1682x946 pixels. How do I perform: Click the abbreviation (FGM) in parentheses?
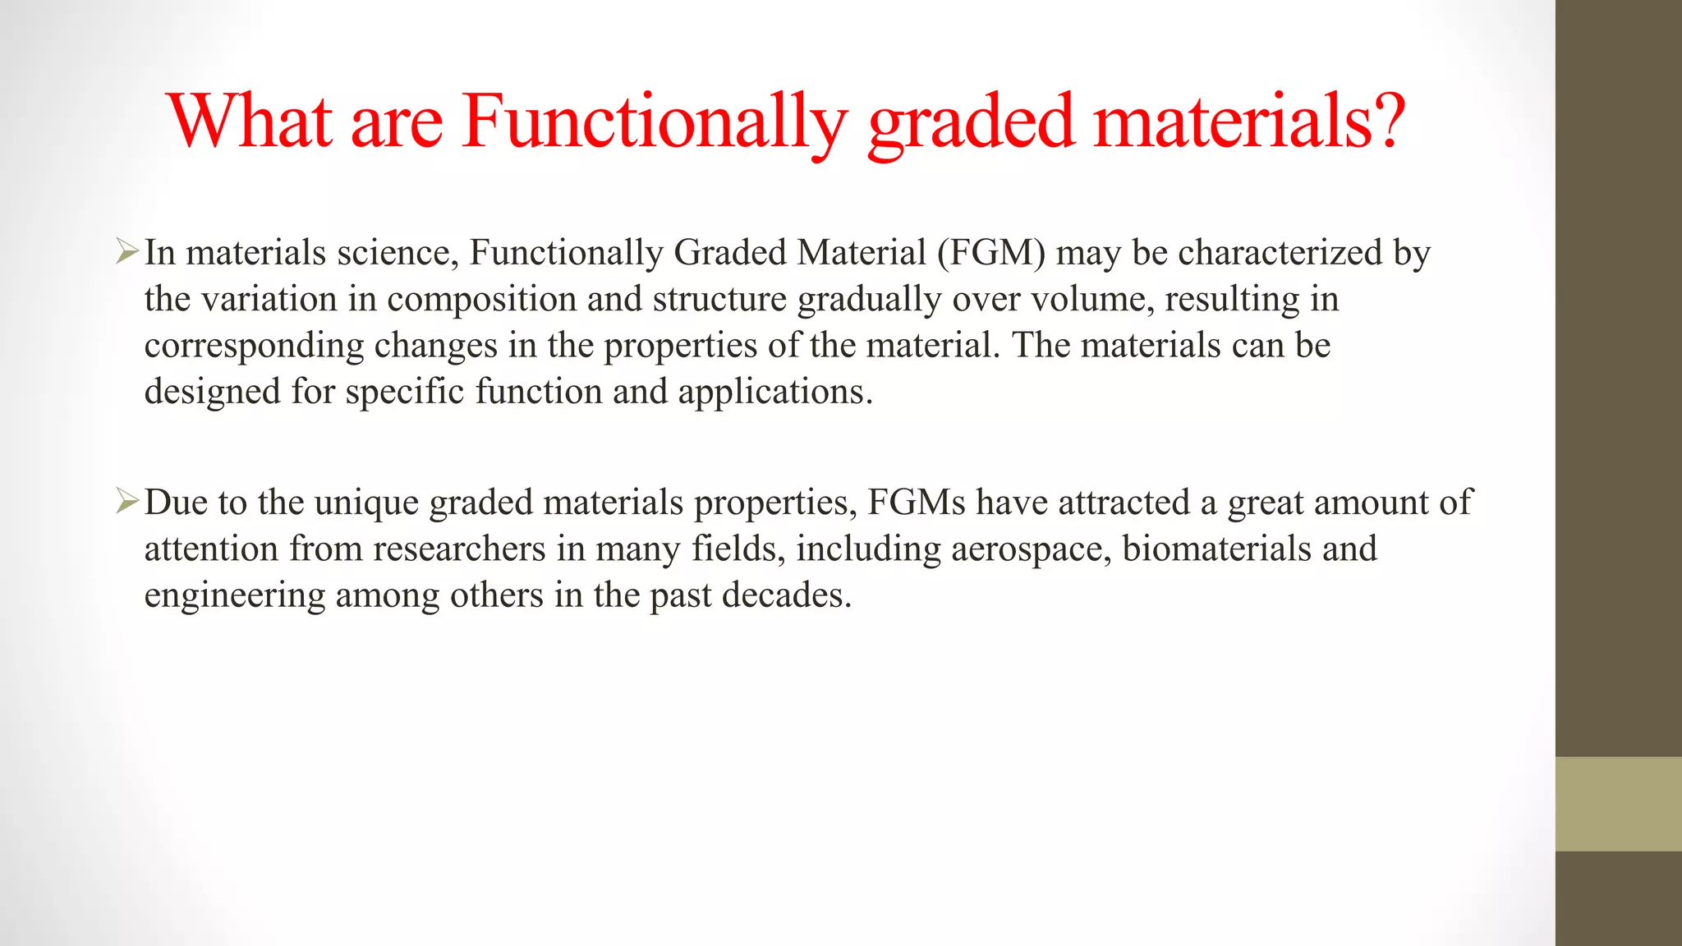[991, 252]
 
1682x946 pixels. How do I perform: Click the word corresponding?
[254, 346]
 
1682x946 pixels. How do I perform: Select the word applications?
[774, 392]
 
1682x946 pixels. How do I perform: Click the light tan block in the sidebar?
[1618, 803]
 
